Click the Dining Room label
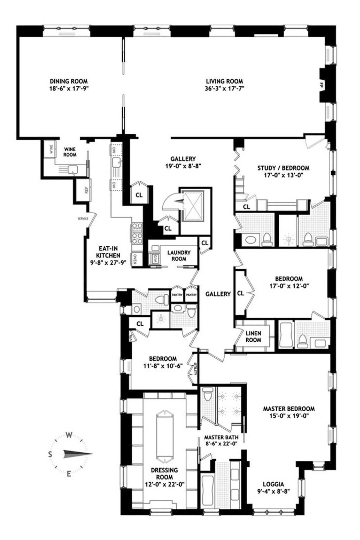(x=69, y=81)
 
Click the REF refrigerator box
(x=86, y=190)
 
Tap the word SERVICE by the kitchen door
(x=83, y=219)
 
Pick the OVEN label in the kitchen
(x=135, y=259)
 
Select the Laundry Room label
(x=179, y=256)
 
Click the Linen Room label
(x=253, y=337)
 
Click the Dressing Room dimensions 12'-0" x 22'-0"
(x=164, y=484)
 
